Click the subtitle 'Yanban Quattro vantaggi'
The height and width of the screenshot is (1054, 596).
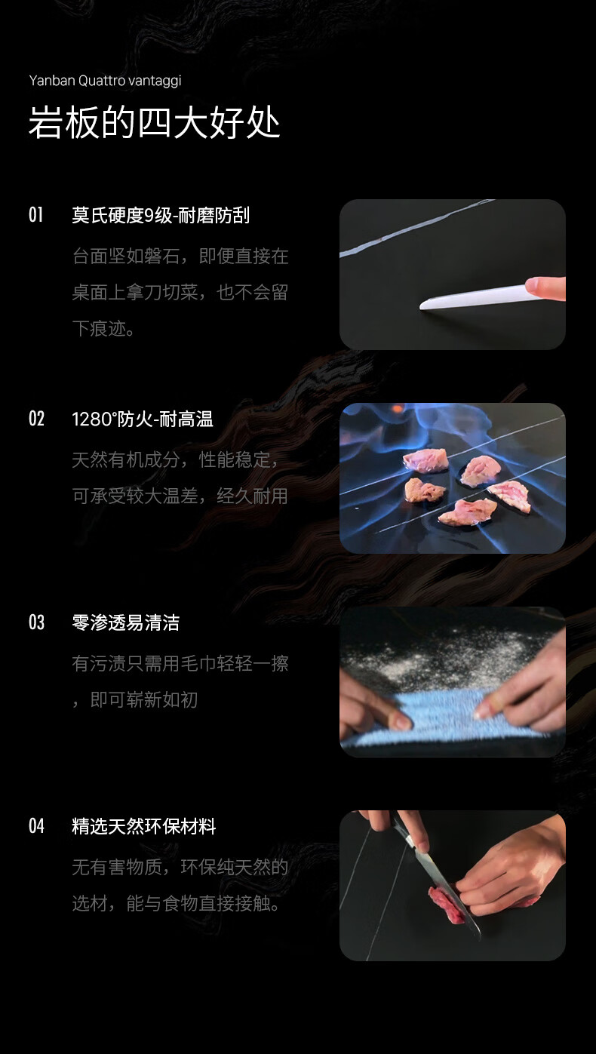(105, 81)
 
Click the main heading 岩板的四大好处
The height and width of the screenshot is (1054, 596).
(155, 122)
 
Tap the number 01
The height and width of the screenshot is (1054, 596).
(35, 215)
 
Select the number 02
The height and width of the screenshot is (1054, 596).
(36, 419)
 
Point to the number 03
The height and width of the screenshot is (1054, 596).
(36, 622)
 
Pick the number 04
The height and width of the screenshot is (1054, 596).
(36, 826)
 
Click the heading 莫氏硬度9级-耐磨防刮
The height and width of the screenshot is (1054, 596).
(161, 216)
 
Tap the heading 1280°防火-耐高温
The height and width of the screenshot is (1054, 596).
(143, 419)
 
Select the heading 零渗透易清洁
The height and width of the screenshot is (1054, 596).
(125, 622)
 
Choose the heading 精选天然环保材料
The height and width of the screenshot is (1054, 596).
(144, 826)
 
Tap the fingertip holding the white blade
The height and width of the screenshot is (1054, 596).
(545, 287)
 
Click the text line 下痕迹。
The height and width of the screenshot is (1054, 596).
(103, 328)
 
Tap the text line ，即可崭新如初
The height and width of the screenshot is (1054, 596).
(135, 699)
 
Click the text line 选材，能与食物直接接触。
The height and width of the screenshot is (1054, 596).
(177, 903)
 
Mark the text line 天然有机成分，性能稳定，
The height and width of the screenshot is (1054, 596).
(175, 459)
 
